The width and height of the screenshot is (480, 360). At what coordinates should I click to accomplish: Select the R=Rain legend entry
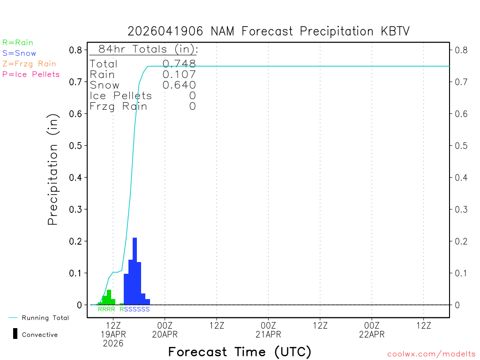coord(18,43)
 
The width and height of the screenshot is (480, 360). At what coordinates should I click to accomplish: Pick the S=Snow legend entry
coord(19,53)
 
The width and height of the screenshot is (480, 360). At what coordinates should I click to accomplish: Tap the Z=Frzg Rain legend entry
coord(29,64)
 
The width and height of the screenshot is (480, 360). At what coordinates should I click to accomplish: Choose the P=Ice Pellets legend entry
coord(31,74)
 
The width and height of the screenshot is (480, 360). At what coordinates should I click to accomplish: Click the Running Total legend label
coord(45,318)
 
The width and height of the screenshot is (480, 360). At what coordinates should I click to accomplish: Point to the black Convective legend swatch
coord(15,334)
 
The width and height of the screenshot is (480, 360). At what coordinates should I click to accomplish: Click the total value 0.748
coord(179,64)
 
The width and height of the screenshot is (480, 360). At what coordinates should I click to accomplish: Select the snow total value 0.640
coord(179,85)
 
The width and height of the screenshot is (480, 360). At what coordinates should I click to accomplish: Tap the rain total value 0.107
coord(179,74)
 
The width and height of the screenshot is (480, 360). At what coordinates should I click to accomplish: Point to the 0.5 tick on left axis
coord(75,145)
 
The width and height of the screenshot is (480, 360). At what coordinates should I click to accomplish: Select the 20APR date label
coord(165,334)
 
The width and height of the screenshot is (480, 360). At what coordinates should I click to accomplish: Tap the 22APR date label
coord(372,334)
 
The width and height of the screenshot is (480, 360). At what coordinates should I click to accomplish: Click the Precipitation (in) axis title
coord(53,169)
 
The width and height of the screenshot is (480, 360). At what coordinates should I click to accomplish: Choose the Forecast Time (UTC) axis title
coord(240,352)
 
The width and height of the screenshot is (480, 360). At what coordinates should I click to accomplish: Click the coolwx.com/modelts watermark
coord(431,354)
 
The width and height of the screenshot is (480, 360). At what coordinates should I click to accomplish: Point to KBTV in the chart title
coord(392,31)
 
